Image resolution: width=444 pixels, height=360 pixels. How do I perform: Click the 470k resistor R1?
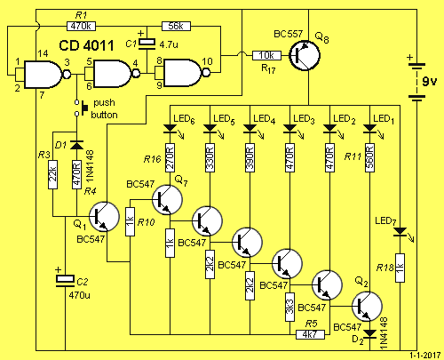point(82,27)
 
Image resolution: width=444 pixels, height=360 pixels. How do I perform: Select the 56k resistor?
point(176,26)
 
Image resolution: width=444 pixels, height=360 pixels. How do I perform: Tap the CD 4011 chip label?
point(86,45)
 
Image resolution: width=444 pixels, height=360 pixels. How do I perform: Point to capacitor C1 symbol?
point(147,43)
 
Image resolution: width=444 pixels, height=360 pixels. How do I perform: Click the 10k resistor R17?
point(266,55)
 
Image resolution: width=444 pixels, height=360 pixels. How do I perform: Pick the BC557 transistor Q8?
point(305,55)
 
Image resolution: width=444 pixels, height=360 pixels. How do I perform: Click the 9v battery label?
point(429,81)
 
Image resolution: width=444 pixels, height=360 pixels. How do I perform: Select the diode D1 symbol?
point(76,145)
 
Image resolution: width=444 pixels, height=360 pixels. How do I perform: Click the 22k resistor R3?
point(52,175)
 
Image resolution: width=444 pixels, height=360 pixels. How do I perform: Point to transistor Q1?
point(104,217)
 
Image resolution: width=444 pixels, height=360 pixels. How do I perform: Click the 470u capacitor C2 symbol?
point(65,281)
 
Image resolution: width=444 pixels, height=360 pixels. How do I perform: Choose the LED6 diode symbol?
point(170,128)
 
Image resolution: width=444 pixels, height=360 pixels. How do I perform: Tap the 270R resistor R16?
point(170,158)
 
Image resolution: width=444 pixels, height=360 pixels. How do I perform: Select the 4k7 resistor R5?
point(310,335)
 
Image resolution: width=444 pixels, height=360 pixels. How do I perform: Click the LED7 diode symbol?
point(400,232)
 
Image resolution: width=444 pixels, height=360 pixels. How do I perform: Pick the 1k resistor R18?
point(400,268)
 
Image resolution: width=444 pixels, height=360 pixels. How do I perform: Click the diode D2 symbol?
point(370,333)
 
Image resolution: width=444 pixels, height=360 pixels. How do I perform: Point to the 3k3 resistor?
point(289,307)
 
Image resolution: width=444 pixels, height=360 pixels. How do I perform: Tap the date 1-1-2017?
point(425,356)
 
